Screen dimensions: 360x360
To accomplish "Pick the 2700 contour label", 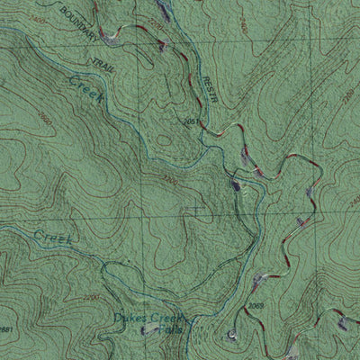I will coord(91,296).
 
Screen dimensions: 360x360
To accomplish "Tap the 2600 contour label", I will coord(47,119).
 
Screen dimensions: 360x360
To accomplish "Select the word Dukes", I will coord(131,318).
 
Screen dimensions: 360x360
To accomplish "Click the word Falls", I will coord(168,330).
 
